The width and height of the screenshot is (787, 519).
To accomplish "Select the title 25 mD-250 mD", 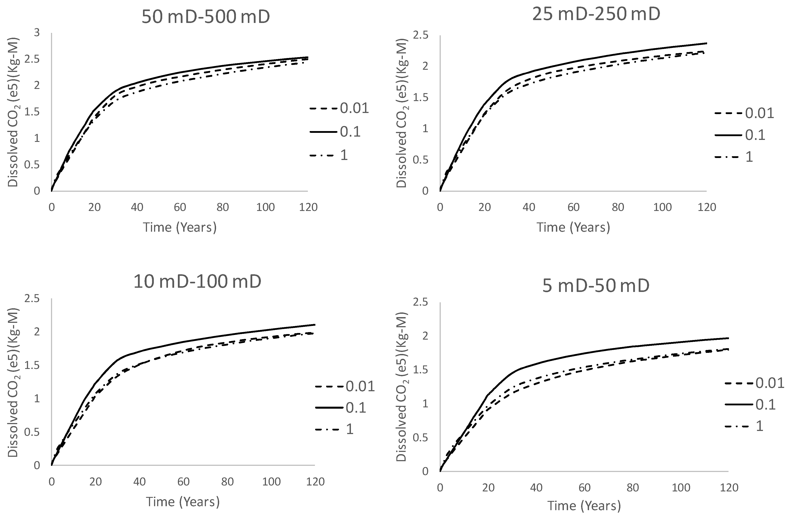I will click(596, 14).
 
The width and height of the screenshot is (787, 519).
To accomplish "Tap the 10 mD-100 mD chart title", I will click(197, 281).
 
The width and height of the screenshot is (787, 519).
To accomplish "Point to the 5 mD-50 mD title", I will click(596, 285).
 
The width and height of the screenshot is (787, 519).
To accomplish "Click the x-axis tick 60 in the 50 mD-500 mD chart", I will click(180, 207).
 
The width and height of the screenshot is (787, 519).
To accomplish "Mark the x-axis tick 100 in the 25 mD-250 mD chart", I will click(662, 207).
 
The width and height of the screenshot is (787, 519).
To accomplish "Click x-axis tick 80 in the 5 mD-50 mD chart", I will click(633, 488).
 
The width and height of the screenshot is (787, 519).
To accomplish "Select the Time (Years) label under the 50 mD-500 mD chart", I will click(180, 227).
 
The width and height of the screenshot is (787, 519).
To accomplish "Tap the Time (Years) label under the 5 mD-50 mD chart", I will click(584, 506).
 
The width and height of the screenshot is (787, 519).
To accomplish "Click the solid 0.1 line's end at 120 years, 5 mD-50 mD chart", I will click(728, 338).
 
